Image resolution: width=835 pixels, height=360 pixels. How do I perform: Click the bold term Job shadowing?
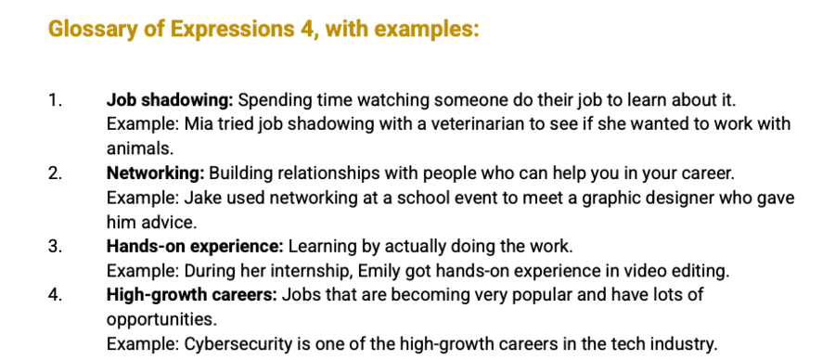click(170, 100)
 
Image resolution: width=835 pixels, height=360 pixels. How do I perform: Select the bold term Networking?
click(156, 174)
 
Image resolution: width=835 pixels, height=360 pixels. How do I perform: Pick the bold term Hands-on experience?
click(195, 247)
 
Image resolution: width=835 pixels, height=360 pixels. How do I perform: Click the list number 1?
click(55, 100)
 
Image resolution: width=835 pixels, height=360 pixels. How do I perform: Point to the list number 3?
click(55, 247)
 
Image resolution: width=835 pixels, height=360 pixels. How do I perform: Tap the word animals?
click(139, 148)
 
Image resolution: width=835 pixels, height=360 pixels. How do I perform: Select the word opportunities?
click(161, 320)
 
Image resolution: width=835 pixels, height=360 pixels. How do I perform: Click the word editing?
click(700, 272)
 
